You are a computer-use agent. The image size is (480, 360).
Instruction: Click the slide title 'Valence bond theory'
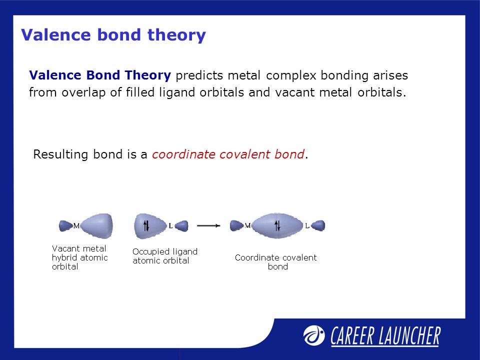[113, 35]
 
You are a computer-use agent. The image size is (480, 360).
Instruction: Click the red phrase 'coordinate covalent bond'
[228, 154]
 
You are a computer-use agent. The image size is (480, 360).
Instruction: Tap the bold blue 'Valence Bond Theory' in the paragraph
[100, 75]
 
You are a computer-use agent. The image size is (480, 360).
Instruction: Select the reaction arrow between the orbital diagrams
[208, 225]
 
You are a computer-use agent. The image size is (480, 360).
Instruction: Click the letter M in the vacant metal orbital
[76, 225]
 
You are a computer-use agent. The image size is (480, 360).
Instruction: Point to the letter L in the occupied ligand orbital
[171, 226]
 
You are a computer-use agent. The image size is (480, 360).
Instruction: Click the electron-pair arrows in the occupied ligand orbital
[146, 226]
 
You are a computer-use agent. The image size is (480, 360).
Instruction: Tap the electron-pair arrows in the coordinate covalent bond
[277, 226]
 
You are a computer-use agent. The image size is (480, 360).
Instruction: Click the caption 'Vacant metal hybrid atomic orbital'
[79, 257]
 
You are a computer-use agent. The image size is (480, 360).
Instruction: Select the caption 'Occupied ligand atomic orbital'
[164, 256]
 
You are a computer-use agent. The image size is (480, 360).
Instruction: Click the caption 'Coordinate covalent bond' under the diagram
[276, 261]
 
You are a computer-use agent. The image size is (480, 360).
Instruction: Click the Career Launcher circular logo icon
[314, 335]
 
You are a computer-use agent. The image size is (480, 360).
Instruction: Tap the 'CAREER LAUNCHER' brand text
[385, 336]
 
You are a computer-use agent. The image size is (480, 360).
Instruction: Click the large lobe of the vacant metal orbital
[97, 226]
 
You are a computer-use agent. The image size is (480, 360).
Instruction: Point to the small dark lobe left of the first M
[66, 226]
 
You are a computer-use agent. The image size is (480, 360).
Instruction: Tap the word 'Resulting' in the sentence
[61, 154]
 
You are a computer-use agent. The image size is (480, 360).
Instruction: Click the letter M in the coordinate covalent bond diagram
[247, 225]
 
